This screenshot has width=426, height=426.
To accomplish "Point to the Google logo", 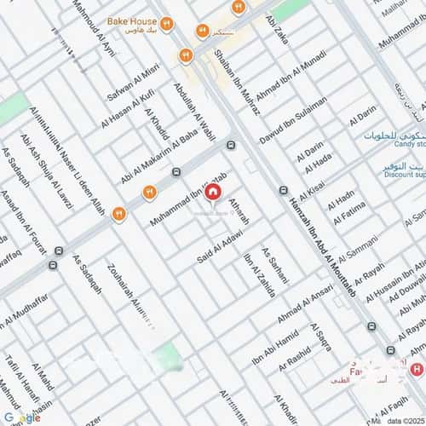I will tap(21, 417).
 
